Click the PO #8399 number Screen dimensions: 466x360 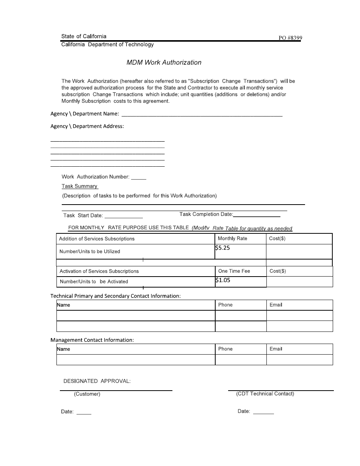(x=290, y=38)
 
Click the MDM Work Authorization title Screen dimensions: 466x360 (x=164, y=63)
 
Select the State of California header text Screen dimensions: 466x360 (x=84, y=36)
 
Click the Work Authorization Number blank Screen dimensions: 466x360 (x=138, y=178)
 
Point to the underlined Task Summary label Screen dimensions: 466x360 (x=80, y=186)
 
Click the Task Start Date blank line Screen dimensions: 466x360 (x=124, y=217)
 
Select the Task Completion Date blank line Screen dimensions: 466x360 (x=257, y=215)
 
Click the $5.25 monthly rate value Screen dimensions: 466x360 (x=222, y=248)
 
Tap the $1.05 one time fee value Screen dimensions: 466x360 (x=222, y=280)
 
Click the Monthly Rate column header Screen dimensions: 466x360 (x=232, y=238)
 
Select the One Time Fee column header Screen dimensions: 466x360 (x=234, y=271)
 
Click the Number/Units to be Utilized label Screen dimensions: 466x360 (x=90, y=251)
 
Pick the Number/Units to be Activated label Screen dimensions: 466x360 (x=94, y=281)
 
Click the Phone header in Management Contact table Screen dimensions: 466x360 (x=225, y=349)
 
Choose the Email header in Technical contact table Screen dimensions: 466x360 (x=275, y=305)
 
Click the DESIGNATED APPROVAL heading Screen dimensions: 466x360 (x=97, y=381)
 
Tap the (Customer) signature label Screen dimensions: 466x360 (x=87, y=394)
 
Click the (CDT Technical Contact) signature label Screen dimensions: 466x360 (x=265, y=394)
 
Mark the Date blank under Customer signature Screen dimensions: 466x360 (x=84, y=413)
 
